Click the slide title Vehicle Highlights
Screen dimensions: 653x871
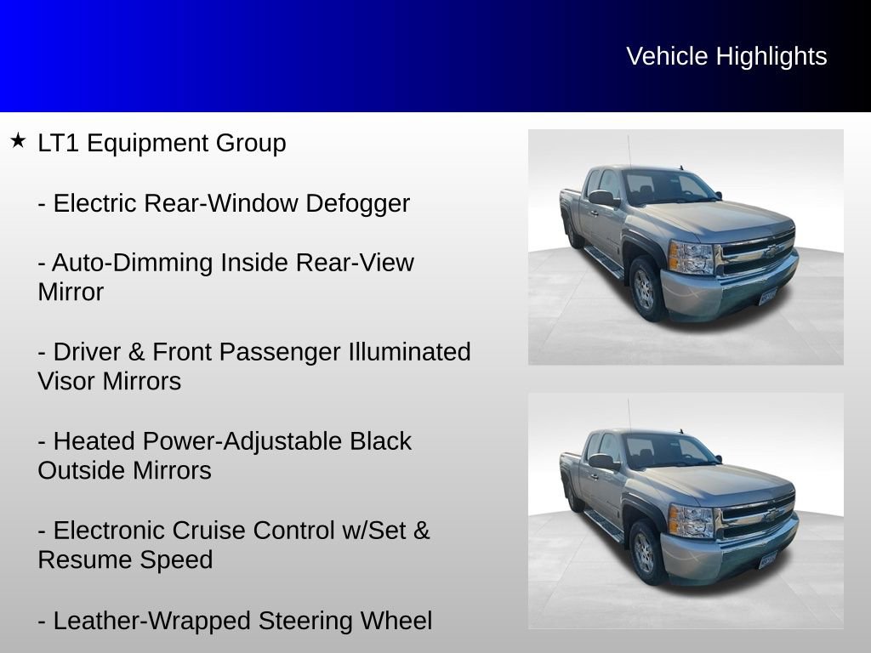tap(726, 56)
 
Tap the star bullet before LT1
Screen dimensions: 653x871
tap(18, 140)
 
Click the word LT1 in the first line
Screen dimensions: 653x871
tap(59, 143)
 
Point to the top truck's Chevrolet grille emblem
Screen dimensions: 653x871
tap(770, 252)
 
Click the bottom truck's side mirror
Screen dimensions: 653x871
tap(602, 462)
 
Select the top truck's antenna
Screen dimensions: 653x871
tap(629, 151)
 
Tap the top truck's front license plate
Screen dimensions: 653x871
tap(768, 297)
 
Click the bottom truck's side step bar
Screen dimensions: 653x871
tap(603, 525)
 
